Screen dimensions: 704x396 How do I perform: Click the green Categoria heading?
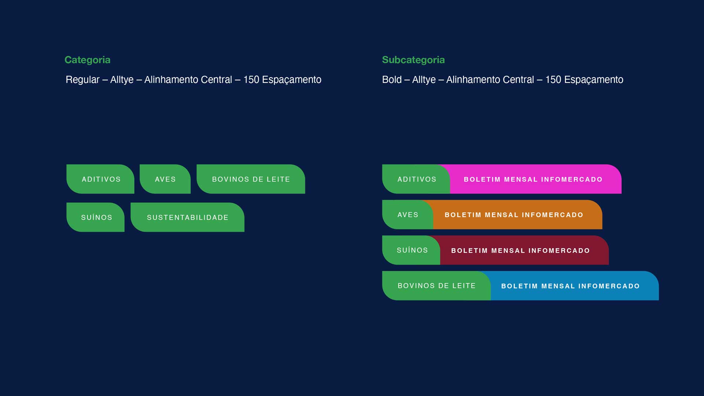(x=87, y=60)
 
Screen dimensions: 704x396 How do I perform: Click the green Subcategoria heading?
(x=413, y=60)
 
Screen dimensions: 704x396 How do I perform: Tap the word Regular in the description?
(x=82, y=80)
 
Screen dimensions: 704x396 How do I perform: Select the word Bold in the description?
(x=392, y=80)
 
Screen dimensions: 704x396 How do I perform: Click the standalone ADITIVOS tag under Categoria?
(x=100, y=179)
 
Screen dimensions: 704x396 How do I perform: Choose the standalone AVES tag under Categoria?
(x=165, y=179)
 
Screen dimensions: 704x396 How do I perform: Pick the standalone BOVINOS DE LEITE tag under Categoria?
(x=251, y=179)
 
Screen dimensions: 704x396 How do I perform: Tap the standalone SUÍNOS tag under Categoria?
(x=95, y=217)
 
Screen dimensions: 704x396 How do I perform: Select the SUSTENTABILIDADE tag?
(x=187, y=217)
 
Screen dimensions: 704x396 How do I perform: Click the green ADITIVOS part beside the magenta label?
(x=416, y=179)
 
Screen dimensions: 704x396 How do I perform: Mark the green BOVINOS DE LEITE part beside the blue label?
(x=436, y=286)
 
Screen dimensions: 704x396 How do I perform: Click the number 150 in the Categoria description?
(x=251, y=80)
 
